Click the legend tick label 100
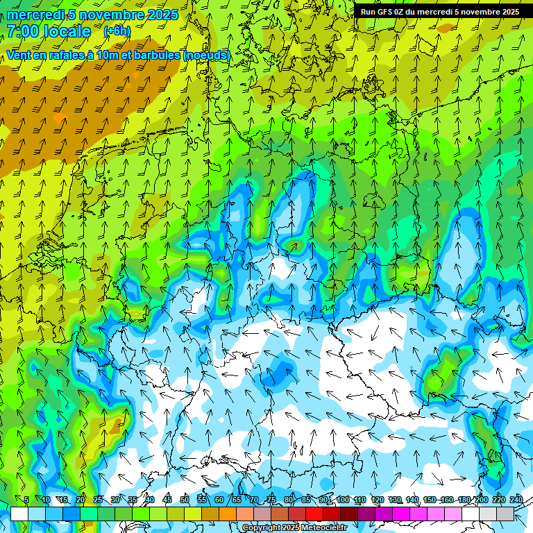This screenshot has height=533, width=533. pyautogui.click(x=343, y=500)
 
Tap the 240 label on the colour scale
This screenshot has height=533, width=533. pyautogui.click(x=516, y=500)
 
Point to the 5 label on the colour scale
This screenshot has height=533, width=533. pyautogui.click(x=26, y=500)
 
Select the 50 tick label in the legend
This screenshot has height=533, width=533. pyautogui.click(x=185, y=500)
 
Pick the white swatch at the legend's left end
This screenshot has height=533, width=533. pyautogui.click(x=19, y=514)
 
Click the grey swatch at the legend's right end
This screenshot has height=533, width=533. pyautogui.click(x=505, y=514)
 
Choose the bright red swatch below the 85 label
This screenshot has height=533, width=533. pyautogui.click(x=314, y=514)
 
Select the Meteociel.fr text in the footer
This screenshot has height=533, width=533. pyautogui.click(x=325, y=528)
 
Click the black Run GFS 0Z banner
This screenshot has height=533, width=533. pyautogui.click(x=440, y=12)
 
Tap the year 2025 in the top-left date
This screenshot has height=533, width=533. pyautogui.click(x=162, y=15)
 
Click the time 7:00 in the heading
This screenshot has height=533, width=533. pyautogui.click(x=24, y=31)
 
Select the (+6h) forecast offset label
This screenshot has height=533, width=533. pyautogui.click(x=117, y=31)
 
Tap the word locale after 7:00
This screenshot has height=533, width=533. pyautogui.click(x=67, y=31)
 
